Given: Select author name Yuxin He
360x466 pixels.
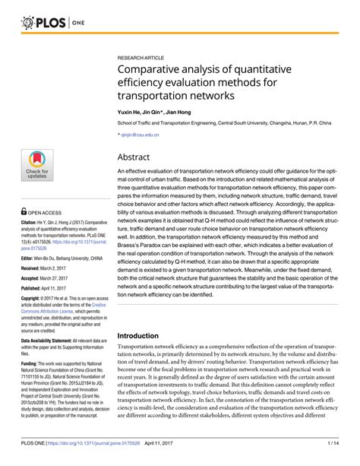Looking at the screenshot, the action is [129, 111].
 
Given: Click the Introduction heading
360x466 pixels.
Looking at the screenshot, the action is [144, 335].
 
